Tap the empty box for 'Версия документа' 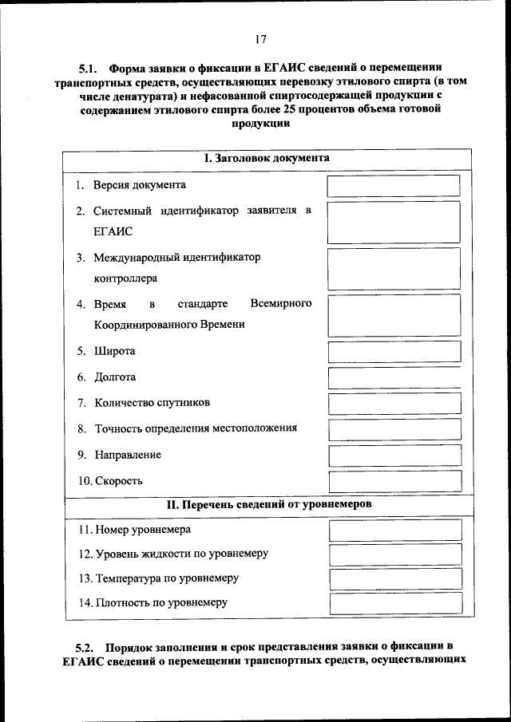(394, 185)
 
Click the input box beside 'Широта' (394, 352)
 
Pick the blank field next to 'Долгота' (394, 377)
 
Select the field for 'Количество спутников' (394, 403)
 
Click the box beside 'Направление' (394, 455)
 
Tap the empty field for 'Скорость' (394, 481)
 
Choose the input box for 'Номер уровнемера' (394, 530)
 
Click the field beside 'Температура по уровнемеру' (394, 578)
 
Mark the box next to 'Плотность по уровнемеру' (394, 603)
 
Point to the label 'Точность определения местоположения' (196, 428)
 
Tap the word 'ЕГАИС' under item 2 (113, 231)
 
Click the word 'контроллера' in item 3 (125, 278)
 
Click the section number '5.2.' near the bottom (85, 645)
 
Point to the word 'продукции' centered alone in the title (260, 124)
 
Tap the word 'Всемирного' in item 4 (280, 304)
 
